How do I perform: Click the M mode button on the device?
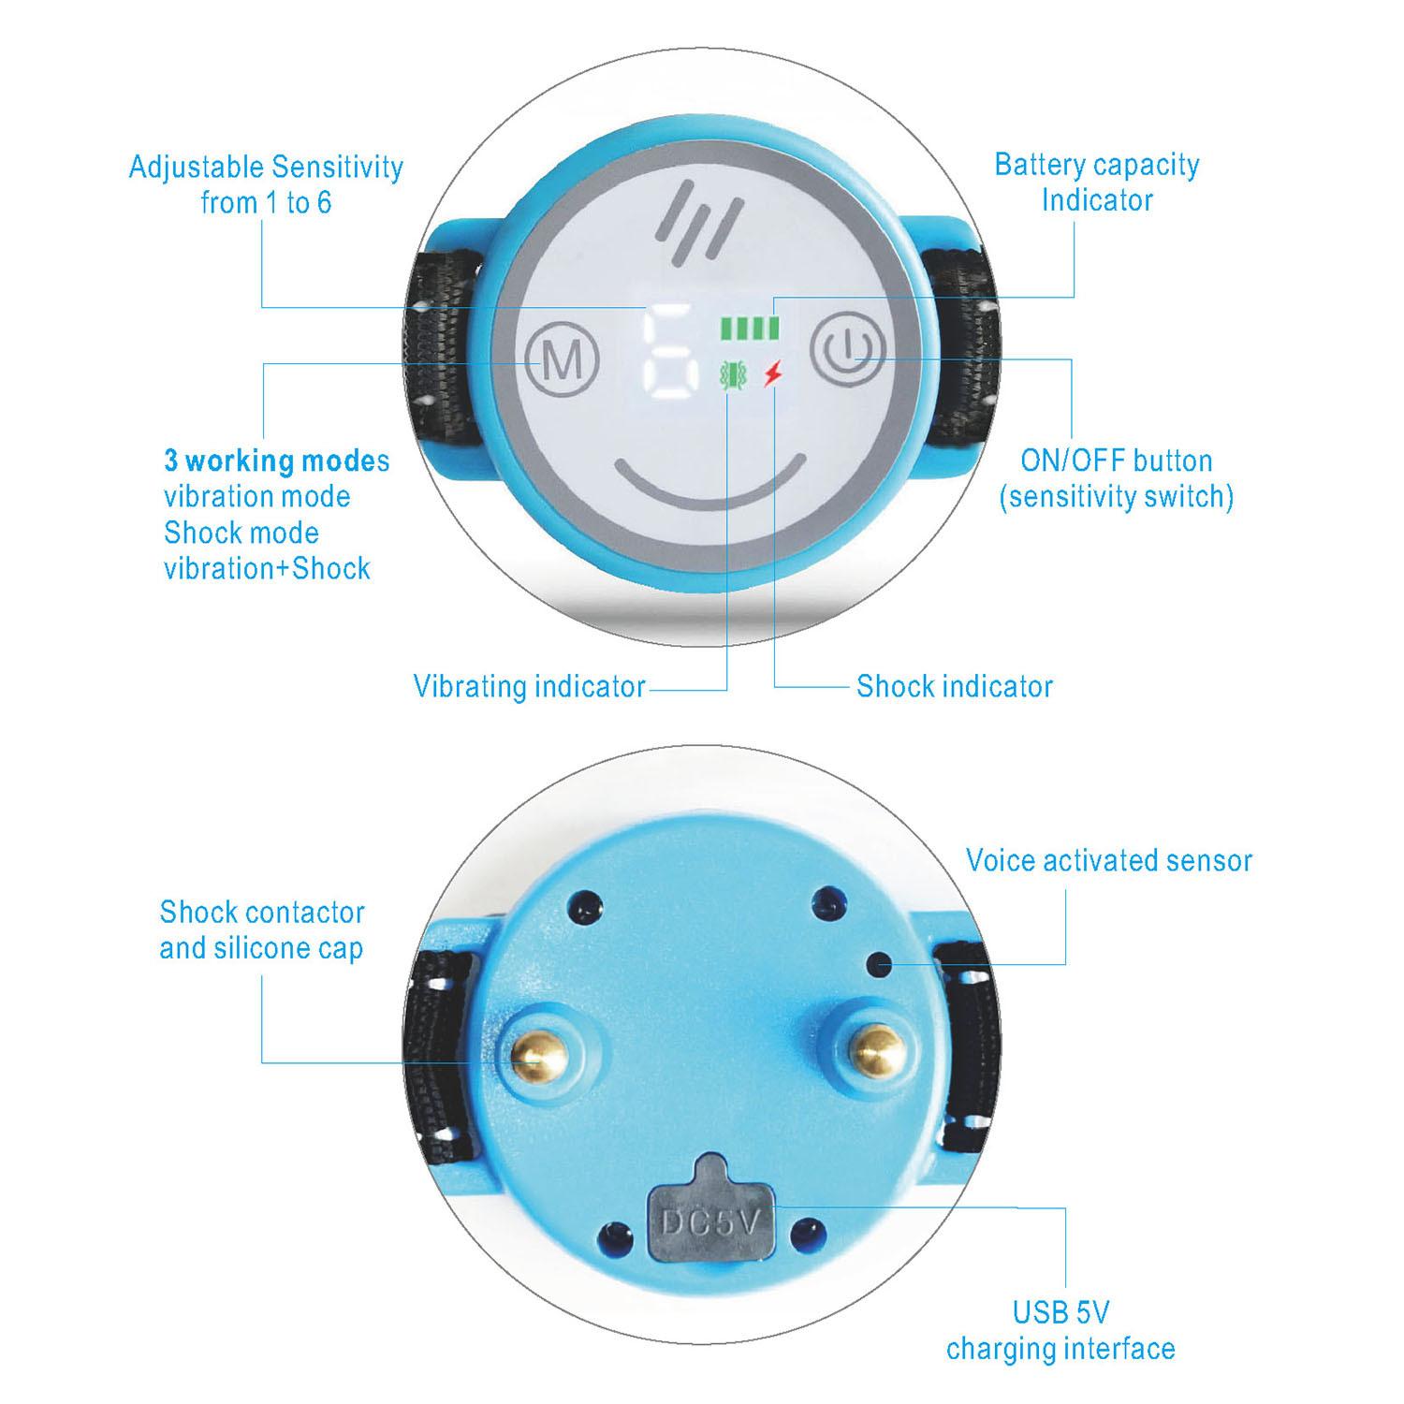562,360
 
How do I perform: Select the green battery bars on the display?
749,328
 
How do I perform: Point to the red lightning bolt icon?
772,374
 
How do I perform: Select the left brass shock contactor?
534,1055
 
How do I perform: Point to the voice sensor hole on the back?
880,962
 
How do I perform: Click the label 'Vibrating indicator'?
530,686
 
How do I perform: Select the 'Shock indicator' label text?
955,686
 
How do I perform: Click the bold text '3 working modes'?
277,461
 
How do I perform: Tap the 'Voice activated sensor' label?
1109,860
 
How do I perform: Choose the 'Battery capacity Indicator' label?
1097,182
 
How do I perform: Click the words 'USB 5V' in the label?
1061,1312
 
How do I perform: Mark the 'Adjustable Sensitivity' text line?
266,168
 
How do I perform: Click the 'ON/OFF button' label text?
1117,461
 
